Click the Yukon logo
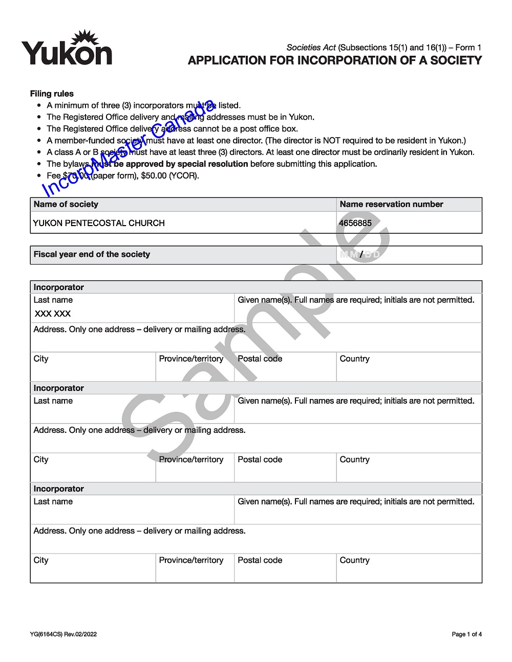[67, 49]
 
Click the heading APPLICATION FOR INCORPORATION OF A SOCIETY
[335, 60]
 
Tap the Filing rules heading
[52, 94]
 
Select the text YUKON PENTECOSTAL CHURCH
[99, 223]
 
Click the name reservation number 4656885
[355, 223]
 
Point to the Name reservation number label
[391, 204]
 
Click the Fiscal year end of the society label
[92, 254]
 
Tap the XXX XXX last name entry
[53, 314]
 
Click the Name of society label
[66, 204]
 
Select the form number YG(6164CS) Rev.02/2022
[63, 634]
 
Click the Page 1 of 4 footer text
[466, 634]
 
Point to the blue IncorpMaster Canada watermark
[128, 148]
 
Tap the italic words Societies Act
[311, 48]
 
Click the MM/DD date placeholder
[360, 254]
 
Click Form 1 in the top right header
[468, 48]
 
